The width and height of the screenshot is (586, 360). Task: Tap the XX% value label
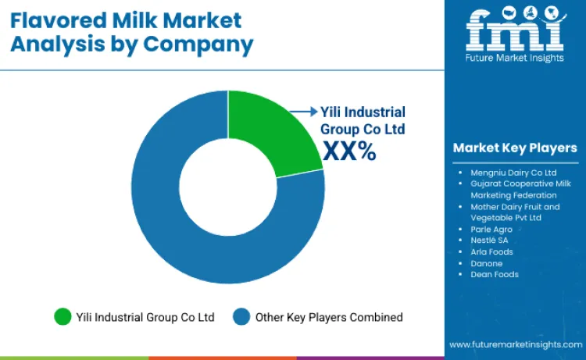[x=349, y=151]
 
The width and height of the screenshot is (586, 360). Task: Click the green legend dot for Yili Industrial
[x=62, y=317]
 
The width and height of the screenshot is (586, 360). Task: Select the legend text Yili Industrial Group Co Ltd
[x=145, y=317]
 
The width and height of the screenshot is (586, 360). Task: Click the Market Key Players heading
[x=515, y=148]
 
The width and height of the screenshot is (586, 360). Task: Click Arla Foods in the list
[x=492, y=251]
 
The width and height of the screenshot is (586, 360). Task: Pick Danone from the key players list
[x=487, y=263]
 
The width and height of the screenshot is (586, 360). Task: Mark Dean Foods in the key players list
[x=495, y=274]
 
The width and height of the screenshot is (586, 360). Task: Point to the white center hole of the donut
[x=228, y=187]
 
